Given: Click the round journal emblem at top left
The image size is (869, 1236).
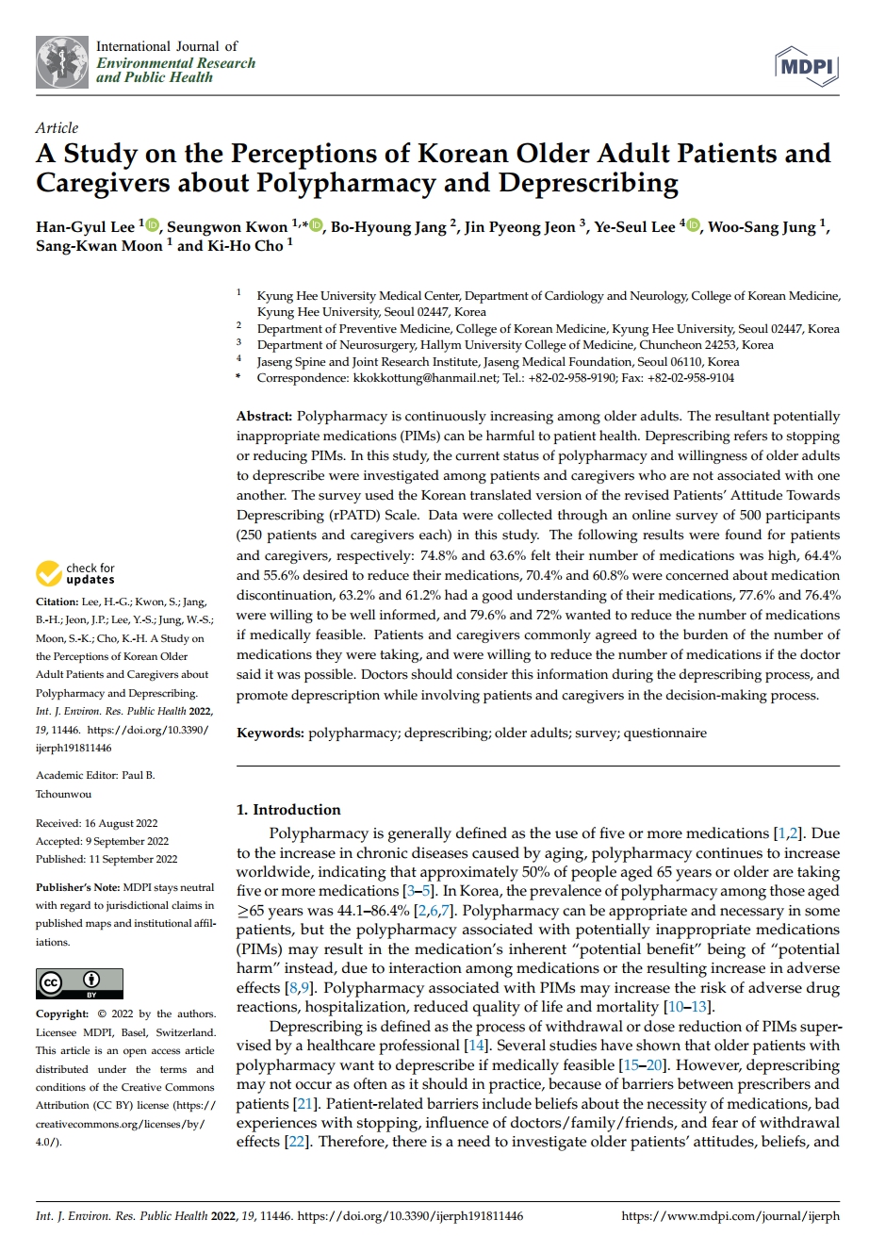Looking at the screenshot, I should pos(62,62).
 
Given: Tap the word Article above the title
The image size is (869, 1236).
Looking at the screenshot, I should pos(57,128).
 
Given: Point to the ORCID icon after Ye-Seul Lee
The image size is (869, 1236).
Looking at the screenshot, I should pos(694,226).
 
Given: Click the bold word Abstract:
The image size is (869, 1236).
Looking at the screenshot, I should pos(265,416).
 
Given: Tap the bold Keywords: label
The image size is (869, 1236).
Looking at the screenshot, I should pos(270,733).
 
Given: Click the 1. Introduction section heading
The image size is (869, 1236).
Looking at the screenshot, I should pos(287,810).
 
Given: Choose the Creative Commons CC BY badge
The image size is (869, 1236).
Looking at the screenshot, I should pos(80,983).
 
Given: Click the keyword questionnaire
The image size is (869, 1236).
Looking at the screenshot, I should pos(665,733).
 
